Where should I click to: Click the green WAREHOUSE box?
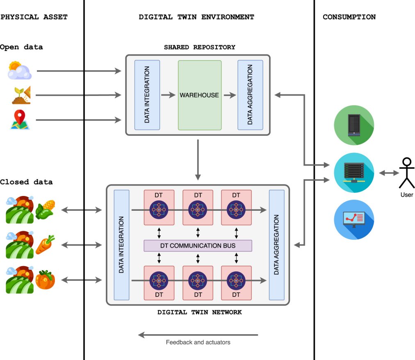[199, 95]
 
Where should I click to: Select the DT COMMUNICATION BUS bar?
[198, 246]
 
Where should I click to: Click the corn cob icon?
[45, 209]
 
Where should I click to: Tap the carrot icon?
[45, 245]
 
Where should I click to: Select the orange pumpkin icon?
[45, 280]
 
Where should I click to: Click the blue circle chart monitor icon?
[353, 219]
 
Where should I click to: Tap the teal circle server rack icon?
[353, 172]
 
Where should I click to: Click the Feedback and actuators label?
[198, 342]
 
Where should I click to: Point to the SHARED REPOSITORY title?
[200, 47]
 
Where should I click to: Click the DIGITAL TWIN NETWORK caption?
[200, 312]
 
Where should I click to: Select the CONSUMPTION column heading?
[349, 17]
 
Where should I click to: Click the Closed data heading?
[27, 182]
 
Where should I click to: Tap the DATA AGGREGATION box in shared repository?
[250, 95]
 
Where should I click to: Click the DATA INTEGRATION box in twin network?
[121, 245]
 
